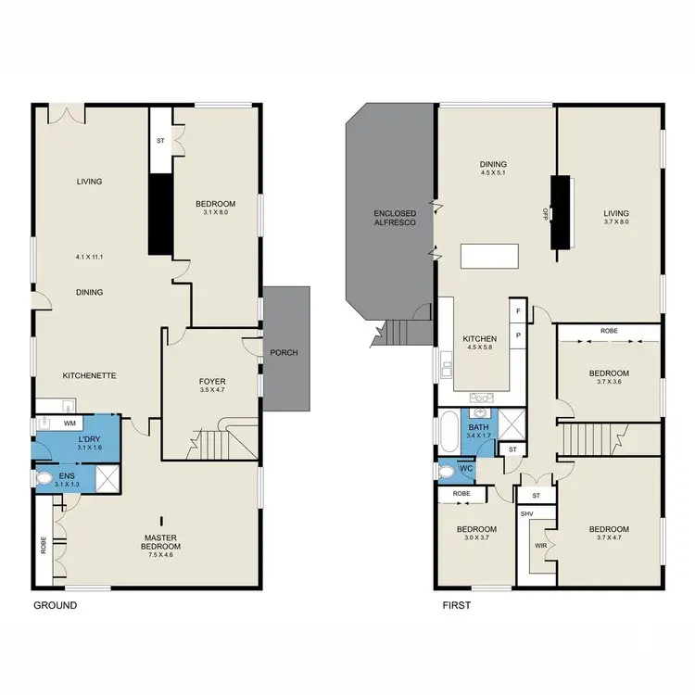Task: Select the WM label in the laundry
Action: coord(69,423)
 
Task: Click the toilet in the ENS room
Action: coord(47,479)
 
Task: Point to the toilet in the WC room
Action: coord(449,472)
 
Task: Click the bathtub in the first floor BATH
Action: coord(448,434)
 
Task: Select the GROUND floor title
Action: coord(55,605)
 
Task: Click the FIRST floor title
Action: coord(457,605)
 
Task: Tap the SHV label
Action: coord(527,512)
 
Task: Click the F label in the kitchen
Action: coord(518,311)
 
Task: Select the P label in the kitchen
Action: coord(518,334)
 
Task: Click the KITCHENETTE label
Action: coord(89,375)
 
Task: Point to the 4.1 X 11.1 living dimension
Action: coord(90,257)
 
